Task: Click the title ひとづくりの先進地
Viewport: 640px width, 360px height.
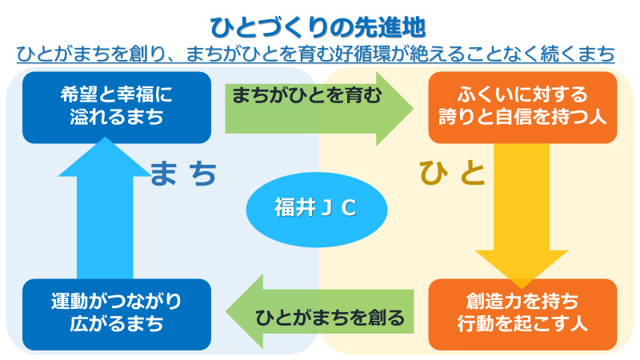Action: [x=318, y=28]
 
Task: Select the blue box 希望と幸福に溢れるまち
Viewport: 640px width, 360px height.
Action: [x=117, y=107]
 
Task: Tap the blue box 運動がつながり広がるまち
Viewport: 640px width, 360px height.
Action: [x=117, y=314]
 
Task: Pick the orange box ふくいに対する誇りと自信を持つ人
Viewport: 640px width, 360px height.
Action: [x=522, y=107]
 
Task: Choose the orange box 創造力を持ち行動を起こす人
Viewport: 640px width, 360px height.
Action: [x=522, y=314]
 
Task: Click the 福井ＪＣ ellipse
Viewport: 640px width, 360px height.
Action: [x=316, y=209]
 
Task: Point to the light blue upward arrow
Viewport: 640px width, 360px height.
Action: [x=105, y=208]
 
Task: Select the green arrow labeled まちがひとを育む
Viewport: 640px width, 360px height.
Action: [x=319, y=109]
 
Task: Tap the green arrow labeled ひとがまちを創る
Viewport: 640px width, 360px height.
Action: [x=319, y=311]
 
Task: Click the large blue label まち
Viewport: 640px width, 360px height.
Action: [x=183, y=174]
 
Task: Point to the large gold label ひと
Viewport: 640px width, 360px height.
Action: [x=452, y=173]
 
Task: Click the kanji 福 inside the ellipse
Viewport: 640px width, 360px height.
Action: [x=285, y=207]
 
